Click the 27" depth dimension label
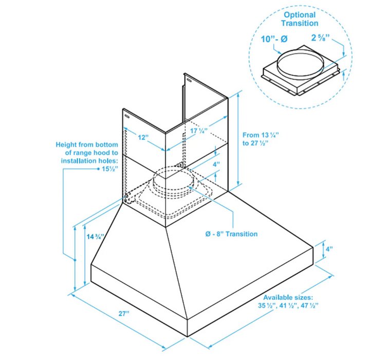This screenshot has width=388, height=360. click(121, 313)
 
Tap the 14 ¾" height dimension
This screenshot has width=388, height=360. click(95, 237)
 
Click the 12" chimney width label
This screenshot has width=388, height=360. click(143, 138)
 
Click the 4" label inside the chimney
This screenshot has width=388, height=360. click(217, 164)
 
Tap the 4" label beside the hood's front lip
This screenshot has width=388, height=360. click(329, 249)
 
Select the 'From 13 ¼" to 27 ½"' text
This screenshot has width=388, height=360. click(261, 139)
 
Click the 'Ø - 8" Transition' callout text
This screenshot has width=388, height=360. click(231, 234)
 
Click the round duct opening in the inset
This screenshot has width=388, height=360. click(301, 63)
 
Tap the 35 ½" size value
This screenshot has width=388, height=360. click(268, 305)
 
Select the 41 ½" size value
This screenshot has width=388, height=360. click(288, 305)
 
